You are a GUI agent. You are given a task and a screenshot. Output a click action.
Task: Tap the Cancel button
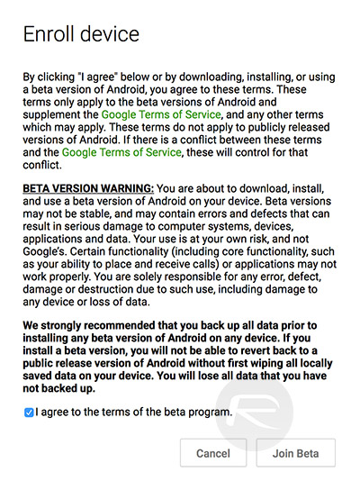click(x=212, y=454)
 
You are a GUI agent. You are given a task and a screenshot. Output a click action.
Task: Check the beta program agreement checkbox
click(x=30, y=413)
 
